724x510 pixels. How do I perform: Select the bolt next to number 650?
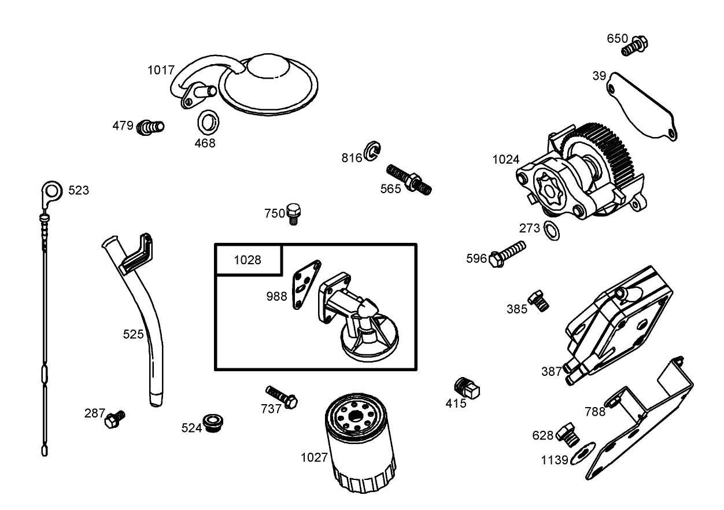pos(636,45)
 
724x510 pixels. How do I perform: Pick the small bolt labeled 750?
pos(295,213)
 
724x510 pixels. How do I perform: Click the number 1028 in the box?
pos(248,260)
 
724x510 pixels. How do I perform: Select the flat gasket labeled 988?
pos(305,284)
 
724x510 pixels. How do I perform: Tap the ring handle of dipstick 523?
pos(51,190)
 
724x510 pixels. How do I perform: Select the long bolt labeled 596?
pos(508,253)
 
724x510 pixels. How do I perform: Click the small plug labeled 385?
pos(539,300)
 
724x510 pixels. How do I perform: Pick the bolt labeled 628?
pos(569,433)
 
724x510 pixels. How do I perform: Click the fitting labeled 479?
pos(150,126)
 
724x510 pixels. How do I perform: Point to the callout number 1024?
pos(505,160)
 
